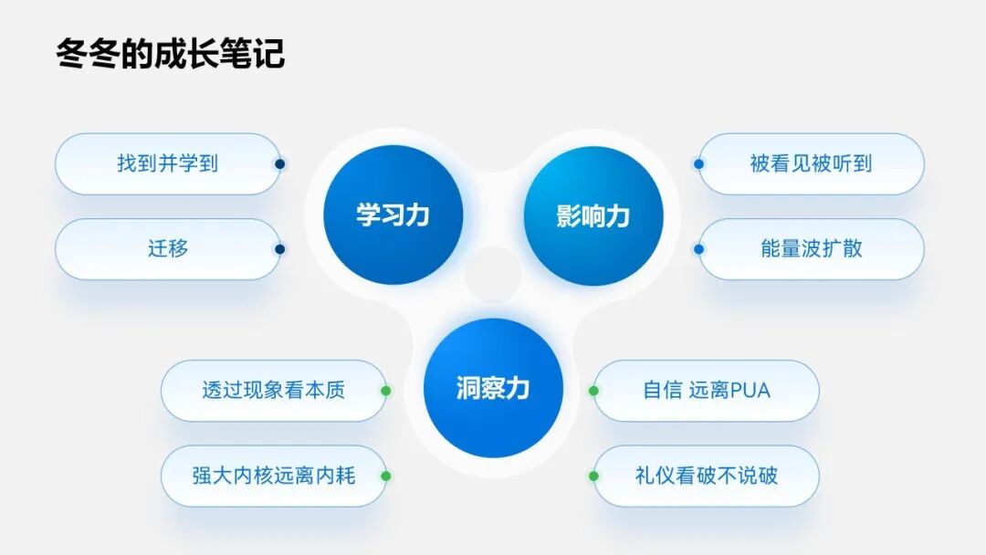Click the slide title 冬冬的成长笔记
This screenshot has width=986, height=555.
tap(171, 53)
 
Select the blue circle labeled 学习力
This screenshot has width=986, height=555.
tap(393, 215)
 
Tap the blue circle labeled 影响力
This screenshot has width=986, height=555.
tap(593, 215)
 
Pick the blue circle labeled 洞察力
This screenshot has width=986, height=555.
tap(493, 388)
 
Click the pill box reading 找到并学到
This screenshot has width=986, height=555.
tap(167, 164)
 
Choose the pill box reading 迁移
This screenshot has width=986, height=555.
tap(167, 249)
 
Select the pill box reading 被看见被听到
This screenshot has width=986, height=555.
tap(811, 164)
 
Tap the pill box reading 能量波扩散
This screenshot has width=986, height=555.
tap(811, 249)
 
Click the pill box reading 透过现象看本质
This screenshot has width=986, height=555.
tap(273, 391)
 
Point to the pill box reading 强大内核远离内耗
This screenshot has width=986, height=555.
tap(273, 476)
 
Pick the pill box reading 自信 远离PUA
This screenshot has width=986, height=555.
tap(707, 391)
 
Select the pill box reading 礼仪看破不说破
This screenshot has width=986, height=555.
tap(707, 476)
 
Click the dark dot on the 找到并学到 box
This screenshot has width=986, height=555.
tap(280, 164)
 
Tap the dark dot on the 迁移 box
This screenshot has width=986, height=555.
tap(280, 249)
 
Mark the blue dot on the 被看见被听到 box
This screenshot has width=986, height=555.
tap(698, 164)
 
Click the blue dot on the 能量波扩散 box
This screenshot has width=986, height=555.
tap(698, 249)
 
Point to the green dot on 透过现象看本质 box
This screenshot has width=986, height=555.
tap(386, 391)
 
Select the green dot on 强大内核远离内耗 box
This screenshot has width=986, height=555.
tap(386, 476)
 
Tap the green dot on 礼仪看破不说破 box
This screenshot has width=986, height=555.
tap(593, 476)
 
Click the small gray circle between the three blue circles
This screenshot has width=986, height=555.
tap(493, 275)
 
